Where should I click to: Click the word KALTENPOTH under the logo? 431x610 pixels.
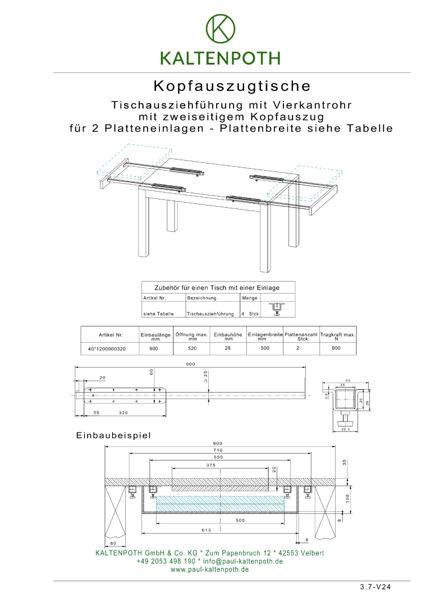click(x=220, y=58)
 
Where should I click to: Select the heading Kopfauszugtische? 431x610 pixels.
click(x=232, y=86)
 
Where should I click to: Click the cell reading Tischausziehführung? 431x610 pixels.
click(x=210, y=313)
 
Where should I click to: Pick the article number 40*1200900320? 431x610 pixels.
click(x=107, y=348)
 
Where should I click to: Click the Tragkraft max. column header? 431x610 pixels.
click(x=337, y=336)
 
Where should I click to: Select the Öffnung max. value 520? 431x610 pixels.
click(x=192, y=348)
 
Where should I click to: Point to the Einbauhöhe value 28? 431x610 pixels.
click(x=228, y=348)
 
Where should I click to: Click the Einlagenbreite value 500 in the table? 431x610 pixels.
click(x=265, y=348)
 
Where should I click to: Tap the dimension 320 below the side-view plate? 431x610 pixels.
click(x=124, y=412)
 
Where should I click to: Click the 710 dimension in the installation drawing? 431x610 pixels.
click(x=218, y=450)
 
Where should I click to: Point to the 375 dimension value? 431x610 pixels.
click(x=211, y=465)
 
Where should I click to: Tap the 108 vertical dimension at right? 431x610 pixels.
click(x=349, y=499)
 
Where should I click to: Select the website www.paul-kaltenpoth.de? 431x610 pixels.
click(x=209, y=569)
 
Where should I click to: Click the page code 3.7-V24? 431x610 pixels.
click(x=375, y=587)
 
